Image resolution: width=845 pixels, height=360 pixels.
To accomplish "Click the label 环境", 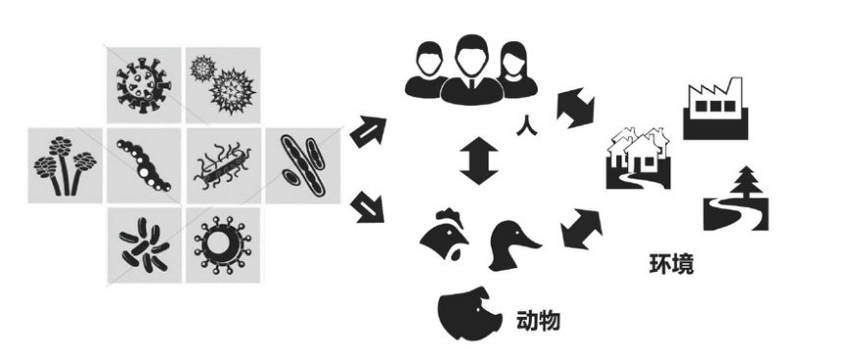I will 671,264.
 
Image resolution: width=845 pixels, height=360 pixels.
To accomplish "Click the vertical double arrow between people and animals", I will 480,160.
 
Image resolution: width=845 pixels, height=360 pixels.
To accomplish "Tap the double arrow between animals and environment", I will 582,228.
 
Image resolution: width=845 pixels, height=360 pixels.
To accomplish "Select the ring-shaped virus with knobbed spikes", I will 222,242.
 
